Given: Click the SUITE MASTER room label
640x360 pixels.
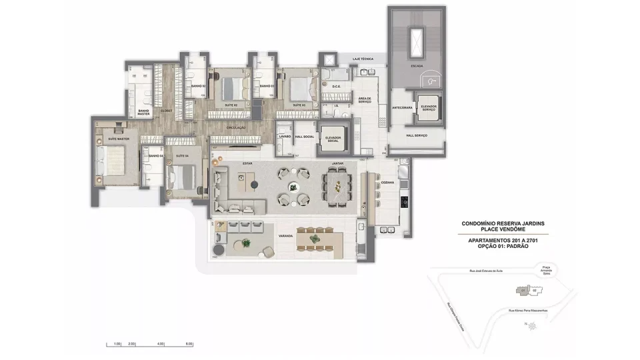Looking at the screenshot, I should (118, 139).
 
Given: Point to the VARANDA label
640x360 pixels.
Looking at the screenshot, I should (286, 234).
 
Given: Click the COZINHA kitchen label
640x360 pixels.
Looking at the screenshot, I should (388, 183).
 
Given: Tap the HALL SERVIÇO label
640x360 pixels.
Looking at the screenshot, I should (417, 135).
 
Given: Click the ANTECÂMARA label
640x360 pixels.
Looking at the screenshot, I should (403, 107).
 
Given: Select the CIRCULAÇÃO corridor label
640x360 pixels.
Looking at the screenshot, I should (236, 127).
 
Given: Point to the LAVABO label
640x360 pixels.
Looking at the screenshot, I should (285, 135).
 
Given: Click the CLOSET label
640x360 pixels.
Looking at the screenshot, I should (166, 110).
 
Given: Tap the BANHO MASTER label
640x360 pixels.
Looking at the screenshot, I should (143, 113).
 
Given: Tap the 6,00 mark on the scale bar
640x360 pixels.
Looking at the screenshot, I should (189, 344).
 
